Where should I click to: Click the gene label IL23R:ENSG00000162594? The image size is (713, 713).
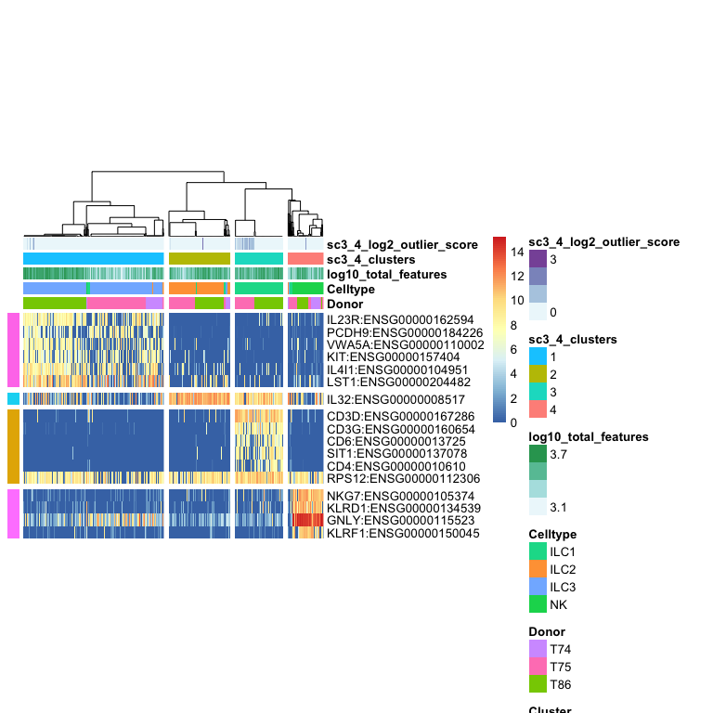(x=400, y=319)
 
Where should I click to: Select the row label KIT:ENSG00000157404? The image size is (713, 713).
(x=394, y=356)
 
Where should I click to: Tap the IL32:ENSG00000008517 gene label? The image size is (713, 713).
(x=395, y=399)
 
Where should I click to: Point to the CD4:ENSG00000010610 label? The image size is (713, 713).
(x=396, y=466)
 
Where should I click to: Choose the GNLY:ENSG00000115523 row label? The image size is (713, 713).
(x=401, y=520)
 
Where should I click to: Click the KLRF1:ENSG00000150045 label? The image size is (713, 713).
(x=403, y=533)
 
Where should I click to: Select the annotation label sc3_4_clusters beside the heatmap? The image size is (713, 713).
(x=371, y=260)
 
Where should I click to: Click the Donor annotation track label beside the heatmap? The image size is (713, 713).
(x=345, y=304)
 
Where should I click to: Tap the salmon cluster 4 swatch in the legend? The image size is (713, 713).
(x=538, y=409)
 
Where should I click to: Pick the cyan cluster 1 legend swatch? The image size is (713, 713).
(x=538, y=356)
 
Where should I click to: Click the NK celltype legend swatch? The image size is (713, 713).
(x=538, y=604)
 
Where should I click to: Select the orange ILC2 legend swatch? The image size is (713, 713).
(x=538, y=569)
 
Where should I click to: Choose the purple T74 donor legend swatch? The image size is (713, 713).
(x=538, y=649)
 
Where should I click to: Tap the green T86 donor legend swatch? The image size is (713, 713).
(x=538, y=684)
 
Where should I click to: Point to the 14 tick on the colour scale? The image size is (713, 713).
(x=517, y=252)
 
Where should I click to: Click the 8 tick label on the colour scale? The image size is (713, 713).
(x=513, y=325)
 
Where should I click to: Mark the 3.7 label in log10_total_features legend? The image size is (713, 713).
(x=558, y=454)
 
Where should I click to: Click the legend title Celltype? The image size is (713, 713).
(x=552, y=535)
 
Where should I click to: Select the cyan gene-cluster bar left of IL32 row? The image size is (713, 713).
(x=13, y=399)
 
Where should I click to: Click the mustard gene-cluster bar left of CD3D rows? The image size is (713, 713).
(x=13, y=447)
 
